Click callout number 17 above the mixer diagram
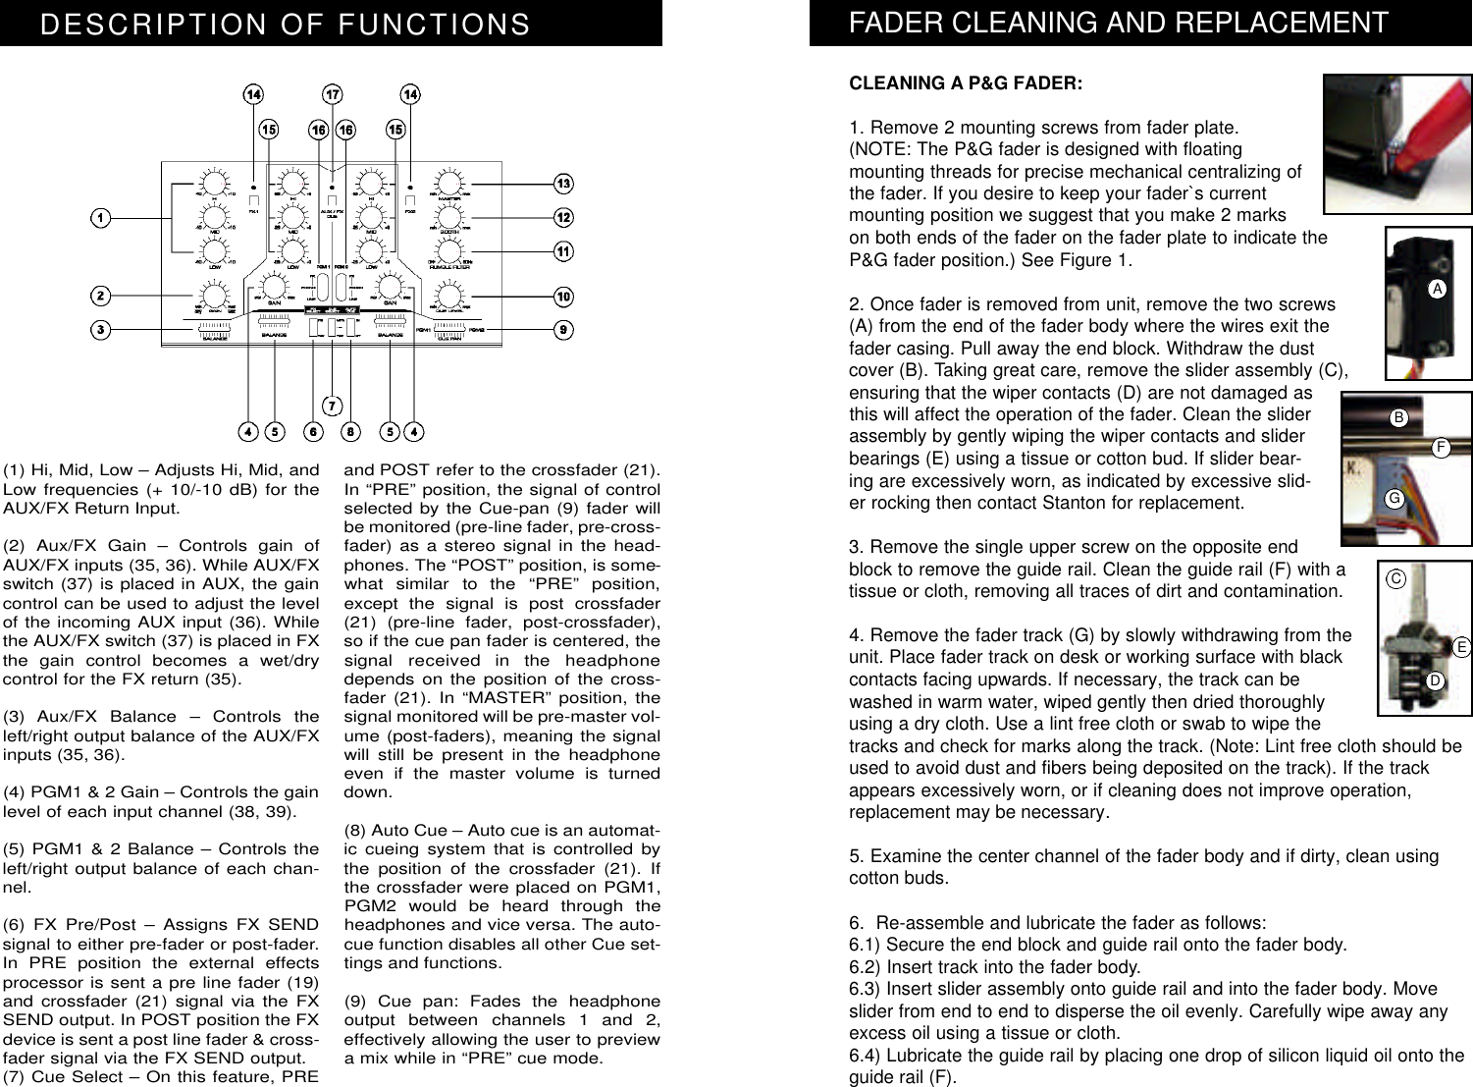pyautogui.click(x=333, y=94)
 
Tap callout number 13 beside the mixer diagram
pyautogui.click(x=563, y=184)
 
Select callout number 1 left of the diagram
pyautogui.click(x=100, y=218)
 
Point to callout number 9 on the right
pyautogui.click(x=563, y=330)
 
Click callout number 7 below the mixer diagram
pyautogui.click(x=333, y=406)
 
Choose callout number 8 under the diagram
pyautogui.click(x=350, y=431)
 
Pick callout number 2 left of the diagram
pyautogui.click(x=100, y=296)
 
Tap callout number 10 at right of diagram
pyautogui.click(x=563, y=297)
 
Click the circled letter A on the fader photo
pyautogui.click(x=1437, y=289)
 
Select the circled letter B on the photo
pyautogui.click(x=1398, y=418)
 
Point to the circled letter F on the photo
pyautogui.click(x=1440, y=447)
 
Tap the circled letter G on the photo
pyautogui.click(x=1394, y=499)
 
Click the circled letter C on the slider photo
pyautogui.click(x=1395, y=579)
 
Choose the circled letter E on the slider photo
pyautogui.click(x=1461, y=647)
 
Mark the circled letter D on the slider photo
pyautogui.click(x=1435, y=679)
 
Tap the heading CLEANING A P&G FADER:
pyautogui.click(x=966, y=83)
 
